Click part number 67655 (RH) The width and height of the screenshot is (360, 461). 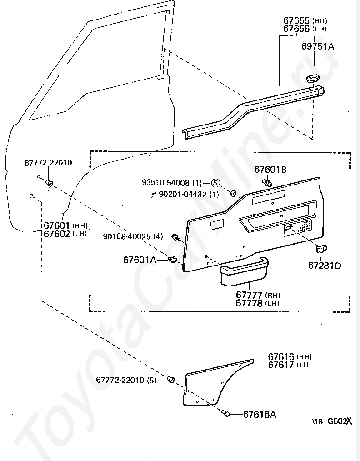coord(305,20)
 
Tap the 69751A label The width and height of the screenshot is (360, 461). coord(318,46)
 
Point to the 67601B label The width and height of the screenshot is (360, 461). coord(270,169)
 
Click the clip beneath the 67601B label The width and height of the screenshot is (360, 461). coord(267,183)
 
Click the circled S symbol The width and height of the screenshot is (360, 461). coord(215,183)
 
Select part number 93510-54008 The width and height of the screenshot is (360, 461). coord(166,183)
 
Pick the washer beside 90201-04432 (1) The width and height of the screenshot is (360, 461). coord(233,193)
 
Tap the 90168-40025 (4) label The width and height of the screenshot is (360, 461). coord(133,236)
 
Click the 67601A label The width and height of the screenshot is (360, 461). coord(140,260)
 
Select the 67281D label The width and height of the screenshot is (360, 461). coord(325,266)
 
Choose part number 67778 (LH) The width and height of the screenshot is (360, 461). coord(257,303)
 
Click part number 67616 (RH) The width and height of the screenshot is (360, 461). coord(290,356)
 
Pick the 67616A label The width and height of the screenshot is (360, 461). coord(260,415)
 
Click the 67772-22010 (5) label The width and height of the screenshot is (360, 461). coord(126,380)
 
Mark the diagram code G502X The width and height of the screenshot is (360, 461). coord(340,421)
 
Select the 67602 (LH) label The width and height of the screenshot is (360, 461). coord(65,234)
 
